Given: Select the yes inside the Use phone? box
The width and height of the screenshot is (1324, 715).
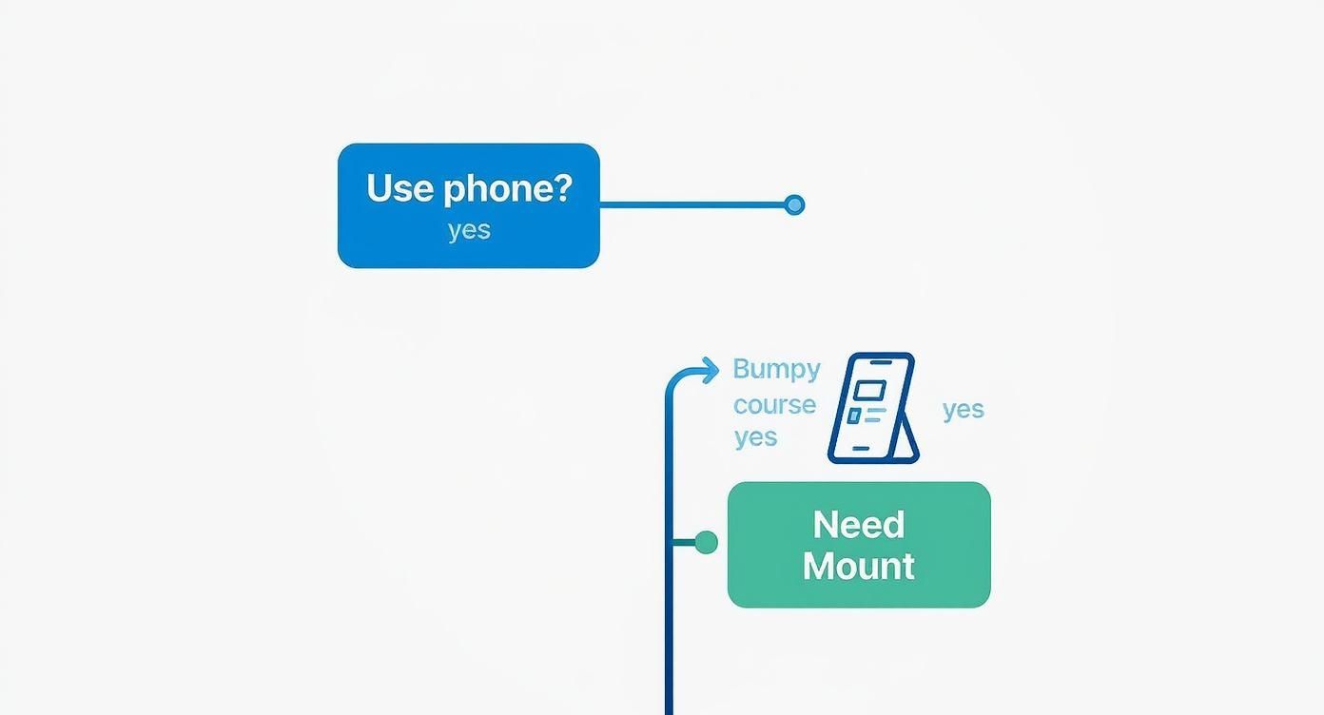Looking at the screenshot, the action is click(x=469, y=230).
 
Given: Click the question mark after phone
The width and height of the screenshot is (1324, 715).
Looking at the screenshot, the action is click(x=562, y=187).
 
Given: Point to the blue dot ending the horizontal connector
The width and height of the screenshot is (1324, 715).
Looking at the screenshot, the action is click(x=794, y=204).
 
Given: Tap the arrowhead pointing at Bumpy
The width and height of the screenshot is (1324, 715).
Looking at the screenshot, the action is click(x=711, y=370).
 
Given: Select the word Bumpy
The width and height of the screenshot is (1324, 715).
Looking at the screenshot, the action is click(x=776, y=370).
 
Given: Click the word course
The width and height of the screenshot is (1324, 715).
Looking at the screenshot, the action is click(x=774, y=404).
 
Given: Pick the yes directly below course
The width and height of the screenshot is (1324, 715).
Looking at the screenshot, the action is click(x=755, y=437).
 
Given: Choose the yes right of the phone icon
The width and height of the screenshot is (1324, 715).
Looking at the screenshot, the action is click(x=963, y=409).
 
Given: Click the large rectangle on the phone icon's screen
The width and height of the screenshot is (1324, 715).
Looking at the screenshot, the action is click(x=869, y=390).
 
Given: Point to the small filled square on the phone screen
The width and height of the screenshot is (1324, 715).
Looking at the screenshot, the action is click(x=854, y=415).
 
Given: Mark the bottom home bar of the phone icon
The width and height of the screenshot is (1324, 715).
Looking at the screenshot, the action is click(x=861, y=449).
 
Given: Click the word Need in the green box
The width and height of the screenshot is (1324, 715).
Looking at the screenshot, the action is click(x=858, y=525).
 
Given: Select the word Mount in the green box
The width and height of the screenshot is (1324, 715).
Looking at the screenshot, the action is click(x=858, y=566).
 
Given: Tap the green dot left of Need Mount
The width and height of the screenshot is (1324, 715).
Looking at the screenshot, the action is click(x=706, y=542).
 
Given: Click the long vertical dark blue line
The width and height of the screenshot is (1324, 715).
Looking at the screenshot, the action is click(x=669, y=618).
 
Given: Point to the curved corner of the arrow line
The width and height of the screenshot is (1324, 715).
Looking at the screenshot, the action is click(x=673, y=378).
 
